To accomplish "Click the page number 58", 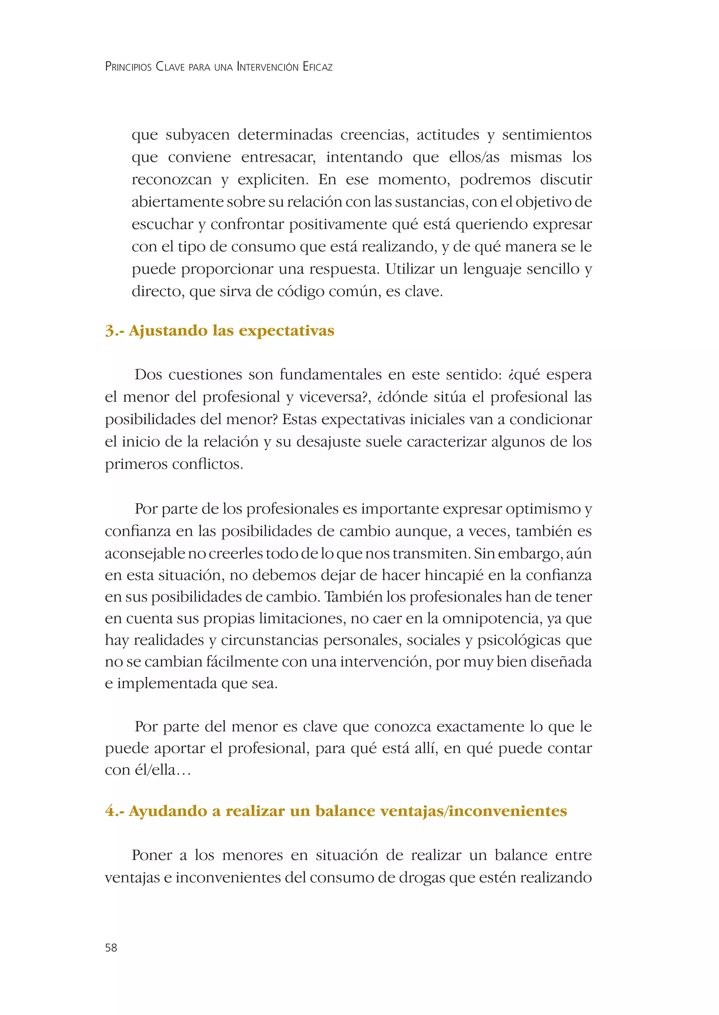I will tap(111, 947).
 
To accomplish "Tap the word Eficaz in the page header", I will tap(317, 67).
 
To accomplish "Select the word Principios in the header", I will tap(128, 67).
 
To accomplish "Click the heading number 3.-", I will tap(115, 331).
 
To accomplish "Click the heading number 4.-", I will tap(115, 811).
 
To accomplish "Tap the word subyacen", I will tap(197, 135).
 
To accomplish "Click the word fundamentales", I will tap(330, 375).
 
